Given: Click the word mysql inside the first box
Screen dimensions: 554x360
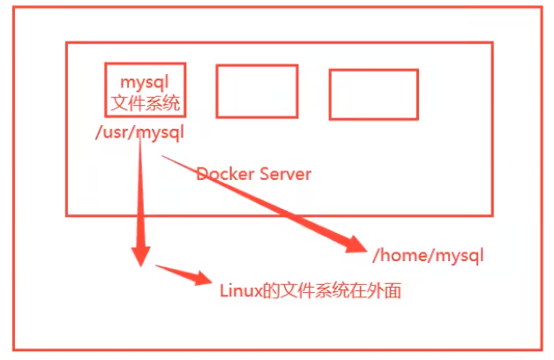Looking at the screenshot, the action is click(145, 83).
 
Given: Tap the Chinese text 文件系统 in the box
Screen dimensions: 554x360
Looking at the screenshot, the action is click(146, 103).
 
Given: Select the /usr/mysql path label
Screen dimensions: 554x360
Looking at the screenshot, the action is click(140, 133).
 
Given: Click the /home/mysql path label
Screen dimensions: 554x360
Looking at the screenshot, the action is click(428, 255).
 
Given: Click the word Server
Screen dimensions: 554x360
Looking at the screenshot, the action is click(286, 174).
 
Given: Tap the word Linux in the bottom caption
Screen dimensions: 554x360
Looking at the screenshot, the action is click(241, 291).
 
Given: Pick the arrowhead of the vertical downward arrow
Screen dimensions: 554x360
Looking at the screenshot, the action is click(141, 255).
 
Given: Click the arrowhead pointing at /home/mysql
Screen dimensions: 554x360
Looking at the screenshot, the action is click(356, 244).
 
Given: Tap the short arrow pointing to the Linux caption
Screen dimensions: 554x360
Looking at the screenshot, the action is click(183, 275).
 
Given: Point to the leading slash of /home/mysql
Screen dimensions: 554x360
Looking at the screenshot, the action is click(377, 255).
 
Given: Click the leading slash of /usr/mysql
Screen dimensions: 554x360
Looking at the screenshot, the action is click(100, 132).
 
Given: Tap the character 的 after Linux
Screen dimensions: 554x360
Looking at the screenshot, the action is click(272, 291).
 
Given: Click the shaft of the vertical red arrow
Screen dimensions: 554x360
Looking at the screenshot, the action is click(140, 191).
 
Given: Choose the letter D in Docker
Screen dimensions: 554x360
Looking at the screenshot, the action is click(201, 174).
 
